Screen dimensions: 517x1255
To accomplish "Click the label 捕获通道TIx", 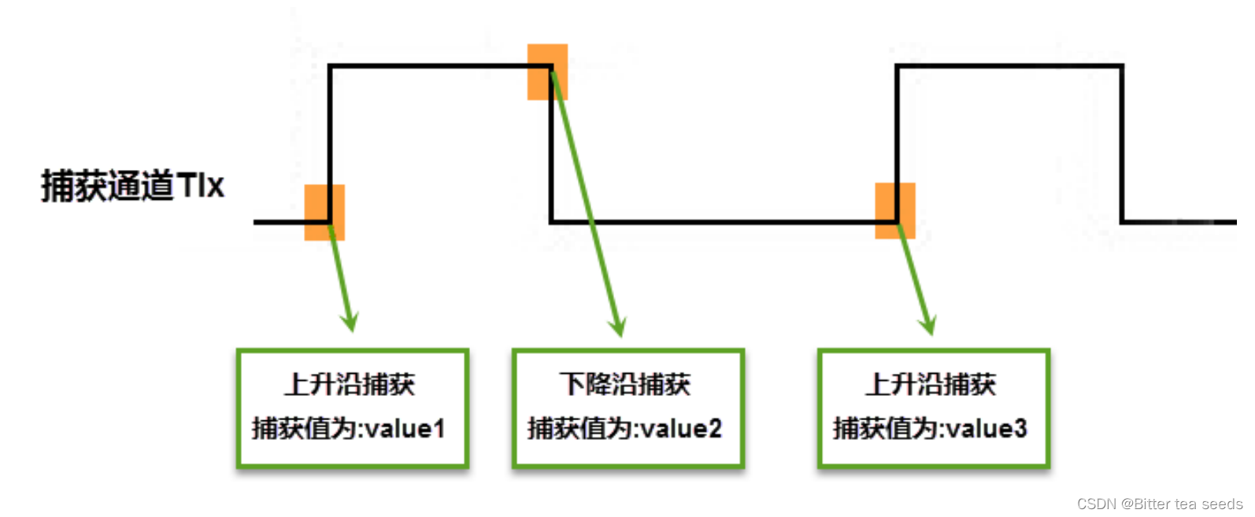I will tap(132, 186).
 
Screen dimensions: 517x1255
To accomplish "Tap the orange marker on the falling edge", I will tap(547, 72).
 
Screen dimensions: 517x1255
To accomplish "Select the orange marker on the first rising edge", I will tap(324, 212).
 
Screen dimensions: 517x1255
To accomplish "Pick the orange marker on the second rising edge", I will tap(895, 211).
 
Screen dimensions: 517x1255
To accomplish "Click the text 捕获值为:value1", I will tap(349, 429).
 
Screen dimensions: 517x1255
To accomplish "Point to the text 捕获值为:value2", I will tap(624, 429).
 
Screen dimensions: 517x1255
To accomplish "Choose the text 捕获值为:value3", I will tap(930, 429).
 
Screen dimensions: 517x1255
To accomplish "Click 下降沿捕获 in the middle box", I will tap(624, 385).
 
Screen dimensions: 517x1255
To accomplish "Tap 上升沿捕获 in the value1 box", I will tap(349, 385).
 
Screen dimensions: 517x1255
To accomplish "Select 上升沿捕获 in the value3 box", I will tap(930, 385).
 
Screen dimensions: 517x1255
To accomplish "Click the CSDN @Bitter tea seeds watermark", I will tap(1159, 504).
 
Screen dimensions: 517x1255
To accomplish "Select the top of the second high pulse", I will tap(1009, 66).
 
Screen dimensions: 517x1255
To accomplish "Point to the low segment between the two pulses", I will tap(724, 222).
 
